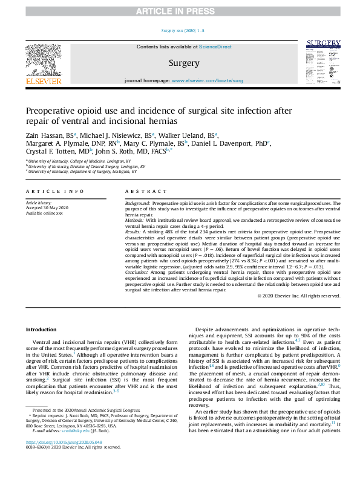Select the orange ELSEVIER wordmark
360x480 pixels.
coord(43,80)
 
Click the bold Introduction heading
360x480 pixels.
coord(40,329)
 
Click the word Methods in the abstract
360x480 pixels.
coord(135,221)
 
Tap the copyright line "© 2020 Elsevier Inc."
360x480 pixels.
coord(298,296)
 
